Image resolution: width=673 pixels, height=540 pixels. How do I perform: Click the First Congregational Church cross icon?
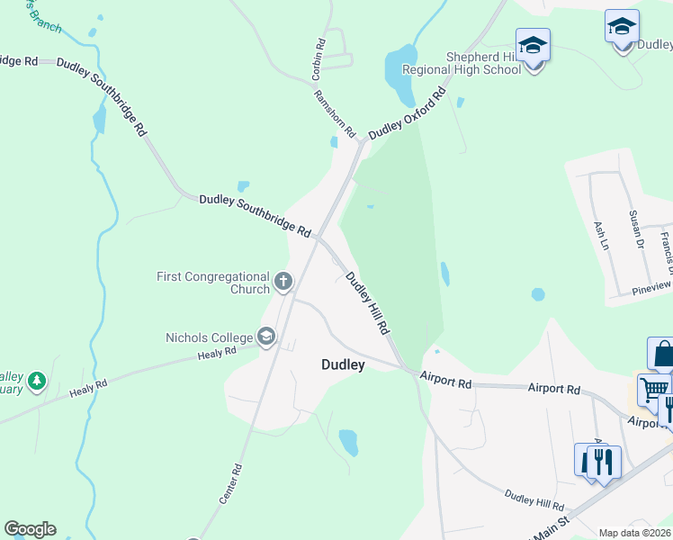pyautogui.click(x=283, y=283)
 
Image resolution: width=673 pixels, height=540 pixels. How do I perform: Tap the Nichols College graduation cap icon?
pyautogui.click(x=266, y=337)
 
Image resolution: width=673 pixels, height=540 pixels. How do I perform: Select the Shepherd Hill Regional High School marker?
pyautogui.click(x=533, y=46)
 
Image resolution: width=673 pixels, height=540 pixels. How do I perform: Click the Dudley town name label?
pyautogui.click(x=344, y=364)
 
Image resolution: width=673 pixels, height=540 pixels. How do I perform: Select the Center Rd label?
pyautogui.click(x=232, y=482)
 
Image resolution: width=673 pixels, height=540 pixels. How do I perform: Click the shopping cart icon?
pyautogui.click(x=654, y=390)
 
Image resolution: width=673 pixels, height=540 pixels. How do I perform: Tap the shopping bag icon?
pyautogui.click(x=662, y=353)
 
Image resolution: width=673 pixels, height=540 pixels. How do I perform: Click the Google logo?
pyautogui.click(x=30, y=529)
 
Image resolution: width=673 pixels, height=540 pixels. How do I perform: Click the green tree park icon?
pyautogui.click(x=36, y=382)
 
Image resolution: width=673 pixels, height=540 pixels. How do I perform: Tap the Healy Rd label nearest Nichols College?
pyautogui.click(x=217, y=354)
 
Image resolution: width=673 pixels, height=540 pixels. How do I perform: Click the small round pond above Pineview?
pyautogui.click(x=538, y=293)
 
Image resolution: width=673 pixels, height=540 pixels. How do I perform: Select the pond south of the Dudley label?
pyautogui.click(x=348, y=441)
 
